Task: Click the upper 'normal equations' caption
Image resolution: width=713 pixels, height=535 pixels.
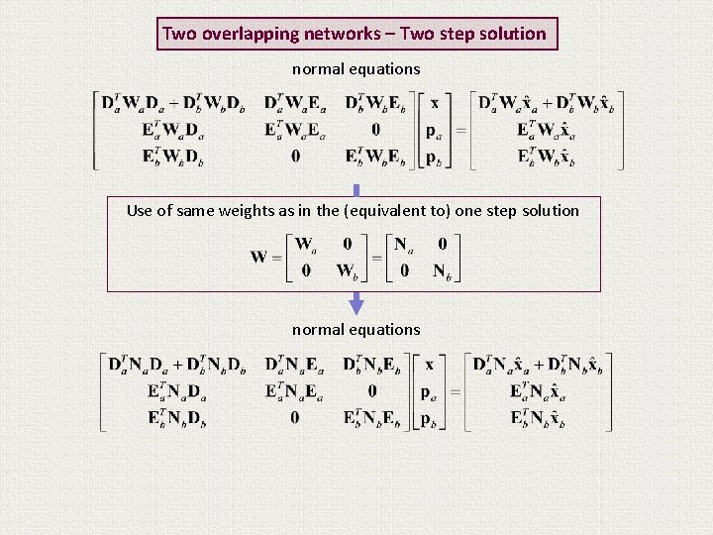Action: click(356, 69)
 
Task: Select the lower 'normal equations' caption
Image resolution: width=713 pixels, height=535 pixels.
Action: click(356, 329)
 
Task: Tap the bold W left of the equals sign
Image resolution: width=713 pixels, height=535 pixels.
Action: click(259, 257)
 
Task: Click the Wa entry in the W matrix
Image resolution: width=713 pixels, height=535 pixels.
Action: click(308, 244)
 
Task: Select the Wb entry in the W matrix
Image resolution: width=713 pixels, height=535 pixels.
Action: click(348, 270)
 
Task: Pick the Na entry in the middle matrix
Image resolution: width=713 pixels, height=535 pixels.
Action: click(402, 244)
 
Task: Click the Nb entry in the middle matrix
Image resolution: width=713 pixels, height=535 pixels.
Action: click(442, 270)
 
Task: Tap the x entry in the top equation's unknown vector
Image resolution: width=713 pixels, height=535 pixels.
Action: click(433, 103)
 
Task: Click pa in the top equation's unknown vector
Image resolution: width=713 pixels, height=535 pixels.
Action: click(434, 130)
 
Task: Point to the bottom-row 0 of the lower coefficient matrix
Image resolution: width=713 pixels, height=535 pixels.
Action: click(295, 417)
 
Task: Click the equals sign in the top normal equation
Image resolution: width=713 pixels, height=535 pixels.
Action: click(459, 130)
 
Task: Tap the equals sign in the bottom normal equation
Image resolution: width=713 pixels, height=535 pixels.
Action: click(455, 391)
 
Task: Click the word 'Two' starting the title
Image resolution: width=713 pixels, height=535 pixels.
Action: click(179, 34)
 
